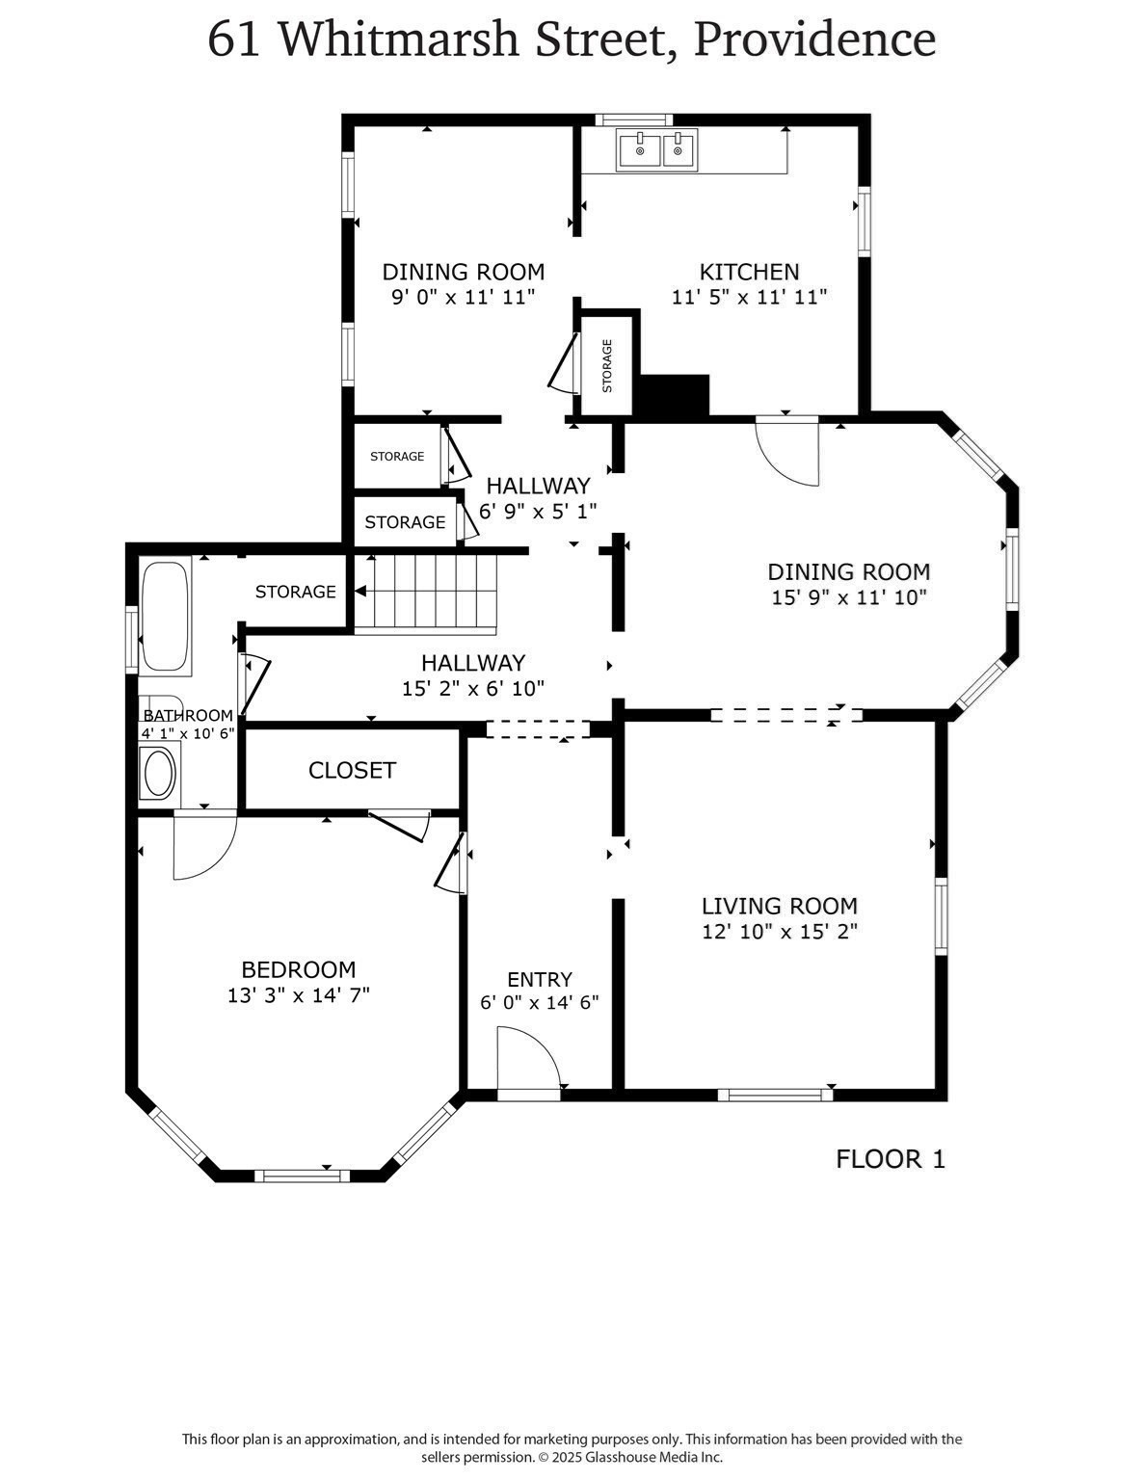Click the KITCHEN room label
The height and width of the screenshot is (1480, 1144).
[749, 272]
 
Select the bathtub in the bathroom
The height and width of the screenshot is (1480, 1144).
[165, 617]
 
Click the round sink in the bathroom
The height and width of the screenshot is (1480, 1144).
[158, 774]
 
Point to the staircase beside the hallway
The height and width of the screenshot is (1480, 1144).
[425, 593]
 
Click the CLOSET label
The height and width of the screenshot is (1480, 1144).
[352, 771]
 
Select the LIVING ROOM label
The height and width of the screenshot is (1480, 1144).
[779, 906]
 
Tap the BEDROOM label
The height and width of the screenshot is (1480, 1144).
[298, 969]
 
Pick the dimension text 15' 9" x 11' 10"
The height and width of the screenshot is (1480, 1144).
[848, 597]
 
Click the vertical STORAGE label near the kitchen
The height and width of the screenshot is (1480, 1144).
[607, 366]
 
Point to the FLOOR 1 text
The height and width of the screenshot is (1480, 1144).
[890, 1159]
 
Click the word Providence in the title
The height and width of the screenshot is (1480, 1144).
[814, 40]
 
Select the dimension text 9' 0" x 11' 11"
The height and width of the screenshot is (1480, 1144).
[463, 297]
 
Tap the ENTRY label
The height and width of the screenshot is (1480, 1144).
[540, 980]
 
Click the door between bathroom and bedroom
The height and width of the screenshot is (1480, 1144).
[203, 846]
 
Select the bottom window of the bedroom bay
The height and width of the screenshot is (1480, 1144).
[302, 1175]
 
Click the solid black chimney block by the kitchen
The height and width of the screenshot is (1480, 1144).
[674, 395]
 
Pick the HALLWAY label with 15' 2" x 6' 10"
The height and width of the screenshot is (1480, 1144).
[472, 663]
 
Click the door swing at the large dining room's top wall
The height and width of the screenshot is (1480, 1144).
[787, 450]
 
